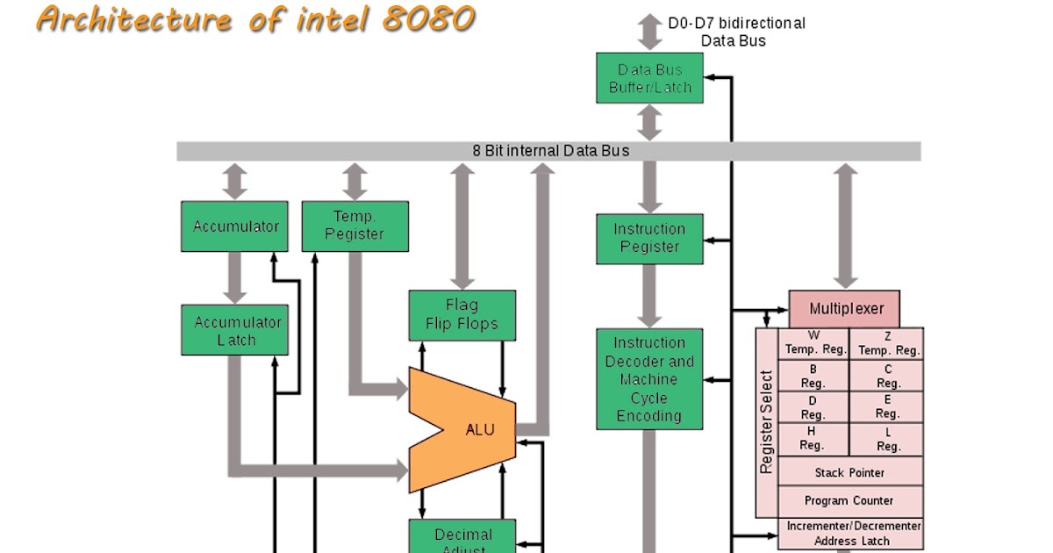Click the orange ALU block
pyautogui.click(x=469, y=429)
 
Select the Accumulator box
pyautogui.click(x=234, y=226)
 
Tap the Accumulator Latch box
pyautogui.click(x=234, y=330)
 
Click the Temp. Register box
pyautogui.click(x=355, y=226)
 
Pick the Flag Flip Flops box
pyautogui.click(x=462, y=315)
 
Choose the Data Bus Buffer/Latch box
pyautogui.click(x=649, y=78)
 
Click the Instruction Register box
pyautogui.click(x=649, y=239)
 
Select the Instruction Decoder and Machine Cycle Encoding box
pyautogui.click(x=649, y=379)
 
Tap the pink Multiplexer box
pyautogui.click(x=844, y=309)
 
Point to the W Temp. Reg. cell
pyautogui.click(x=813, y=343)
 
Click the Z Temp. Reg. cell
pyautogui.click(x=887, y=343)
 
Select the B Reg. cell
pyautogui.click(x=813, y=377)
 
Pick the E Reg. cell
pyautogui.click(x=887, y=407)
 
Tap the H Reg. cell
pyautogui.click(x=813, y=439)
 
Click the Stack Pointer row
pyautogui.click(x=849, y=472)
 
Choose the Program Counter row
pyautogui.click(x=849, y=500)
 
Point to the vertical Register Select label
pyautogui.click(x=767, y=421)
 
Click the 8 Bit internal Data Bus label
pyautogui.click(x=550, y=151)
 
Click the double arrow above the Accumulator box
pyautogui.click(x=234, y=181)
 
